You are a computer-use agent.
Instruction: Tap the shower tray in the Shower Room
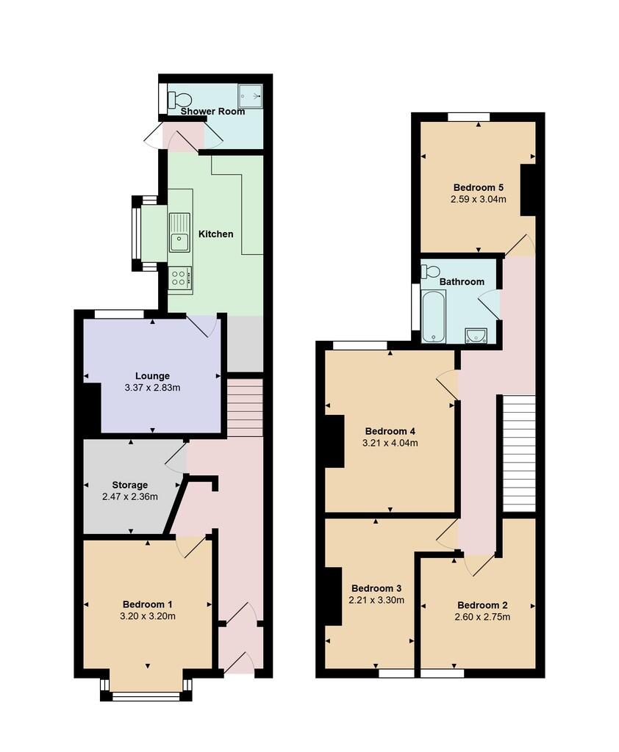(x=252, y=96)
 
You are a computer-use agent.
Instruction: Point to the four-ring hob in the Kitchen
(x=179, y=277)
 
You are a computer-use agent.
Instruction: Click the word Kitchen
(x=215, y=234)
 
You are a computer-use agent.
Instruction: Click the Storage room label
(x=130, y=485)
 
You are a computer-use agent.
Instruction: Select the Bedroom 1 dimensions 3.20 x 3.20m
(x=149, y=616)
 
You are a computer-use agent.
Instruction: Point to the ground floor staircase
(x=245, y=408)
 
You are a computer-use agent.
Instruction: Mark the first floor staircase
(x=518, y=453)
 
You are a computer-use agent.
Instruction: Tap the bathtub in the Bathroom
(x=434, y=317)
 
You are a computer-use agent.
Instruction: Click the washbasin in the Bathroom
(x=476, y=336)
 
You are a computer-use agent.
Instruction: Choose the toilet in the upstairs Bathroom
(x=431, y=272)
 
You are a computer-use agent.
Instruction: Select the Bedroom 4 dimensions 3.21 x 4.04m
(x=390, y=443)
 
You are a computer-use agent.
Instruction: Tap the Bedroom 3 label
(x=376, y=588)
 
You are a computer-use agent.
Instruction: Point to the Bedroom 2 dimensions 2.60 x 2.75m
(x=483, y=617)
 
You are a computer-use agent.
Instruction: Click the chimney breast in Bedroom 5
(x=528, y=190)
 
